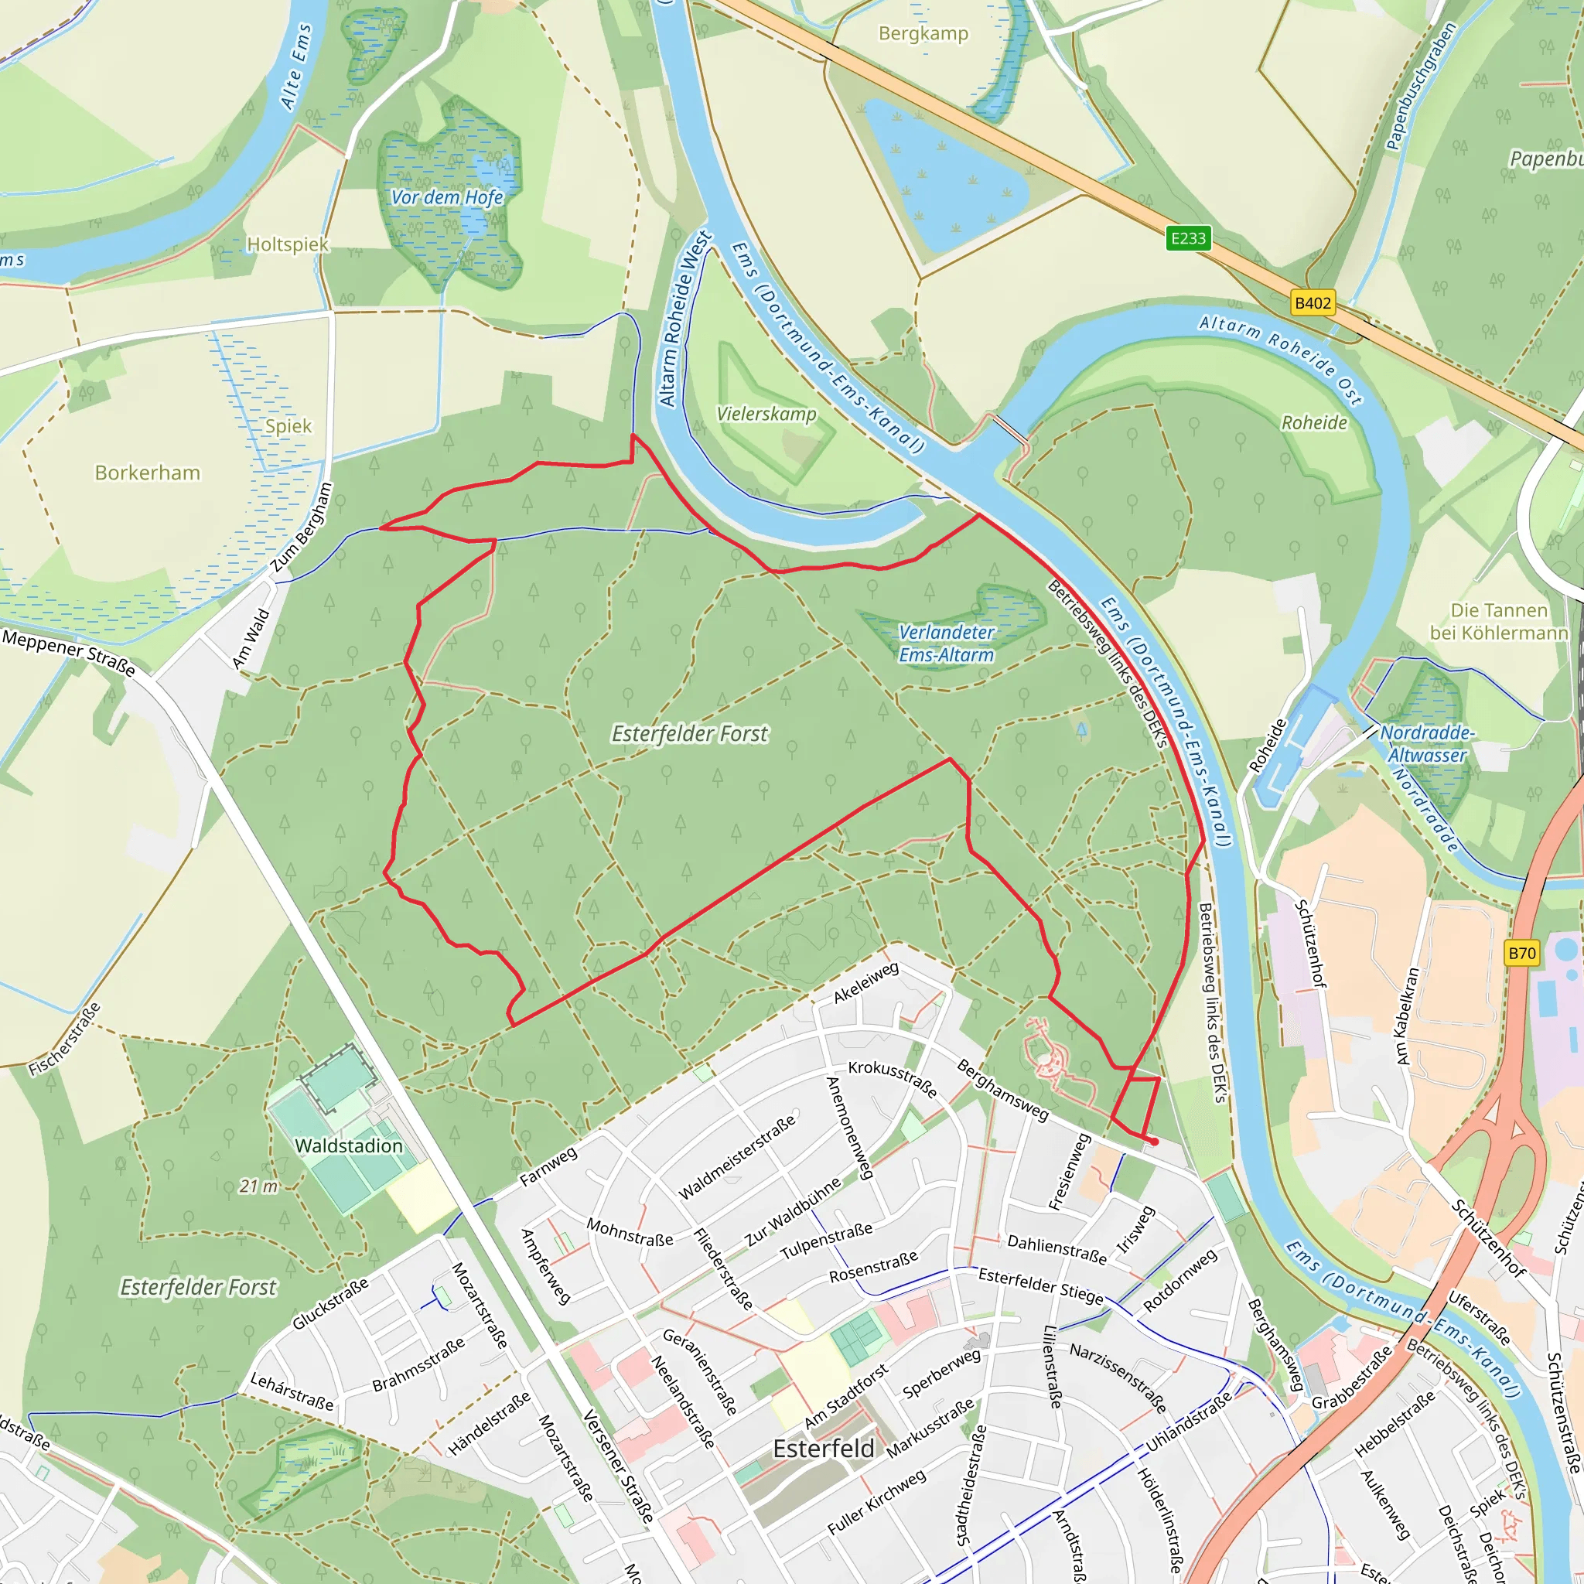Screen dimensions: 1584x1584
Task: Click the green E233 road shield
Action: coord(1188,237)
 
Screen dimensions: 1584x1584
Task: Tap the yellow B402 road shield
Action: coord(1312,302)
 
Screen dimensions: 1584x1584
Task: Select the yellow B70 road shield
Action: coord(1521,953)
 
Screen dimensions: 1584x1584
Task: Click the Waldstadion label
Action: coord(349,1145)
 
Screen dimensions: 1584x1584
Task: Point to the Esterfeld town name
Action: coord(823,1448)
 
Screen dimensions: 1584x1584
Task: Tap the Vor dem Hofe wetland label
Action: coord(447,196)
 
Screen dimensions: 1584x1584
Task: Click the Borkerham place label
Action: coord(148,473)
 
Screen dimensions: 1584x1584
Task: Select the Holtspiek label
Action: coord(287,244)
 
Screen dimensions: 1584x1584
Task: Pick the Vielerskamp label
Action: coord(766,414)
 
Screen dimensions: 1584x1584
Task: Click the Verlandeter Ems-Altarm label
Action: coord(946,643)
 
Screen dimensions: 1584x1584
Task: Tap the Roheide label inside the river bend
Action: coord(1314,422)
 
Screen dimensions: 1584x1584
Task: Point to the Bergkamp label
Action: coord(923,33)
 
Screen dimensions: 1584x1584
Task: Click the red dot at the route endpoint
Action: coord(1155,1142)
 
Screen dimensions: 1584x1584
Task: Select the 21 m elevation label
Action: coord(258,1186)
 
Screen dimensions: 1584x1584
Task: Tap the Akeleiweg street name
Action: coord(865,982)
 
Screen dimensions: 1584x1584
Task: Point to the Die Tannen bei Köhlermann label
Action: coord(1499,622)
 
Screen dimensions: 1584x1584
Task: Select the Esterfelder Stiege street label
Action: coord(1040,1285)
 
